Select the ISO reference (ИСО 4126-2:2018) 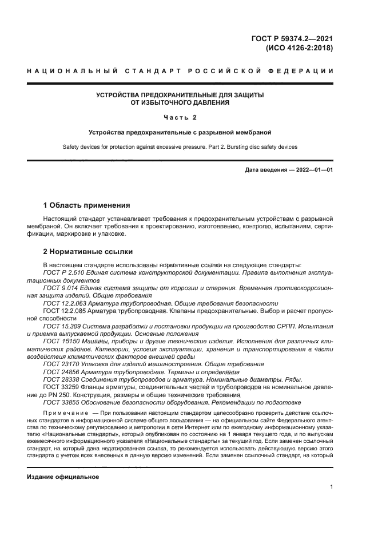299,49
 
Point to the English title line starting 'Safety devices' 180,147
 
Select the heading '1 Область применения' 87,205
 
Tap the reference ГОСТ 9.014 61,288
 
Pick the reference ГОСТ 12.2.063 65,303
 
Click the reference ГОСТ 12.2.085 65,311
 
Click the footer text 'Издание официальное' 63,476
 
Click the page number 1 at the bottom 332,487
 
